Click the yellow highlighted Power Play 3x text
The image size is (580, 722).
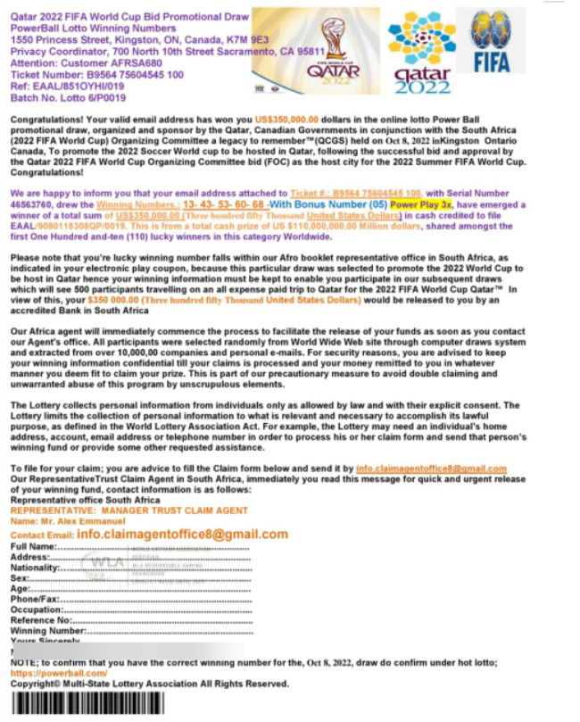point(421,205)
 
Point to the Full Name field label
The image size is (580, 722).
point(32,546)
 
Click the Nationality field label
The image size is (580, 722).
point(34,567)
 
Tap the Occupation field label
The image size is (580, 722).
point(35,610)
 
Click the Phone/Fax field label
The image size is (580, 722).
point(34,599)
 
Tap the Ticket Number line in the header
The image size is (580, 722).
point(97,75)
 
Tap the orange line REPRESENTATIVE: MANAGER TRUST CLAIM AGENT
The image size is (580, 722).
point(128,510)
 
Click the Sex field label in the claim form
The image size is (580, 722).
point(20,577)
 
